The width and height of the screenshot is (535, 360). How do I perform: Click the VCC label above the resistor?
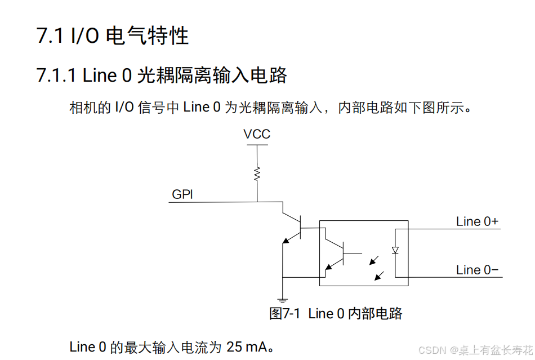tap(257, 134)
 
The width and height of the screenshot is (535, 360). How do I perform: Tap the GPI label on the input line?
tap(182, 194)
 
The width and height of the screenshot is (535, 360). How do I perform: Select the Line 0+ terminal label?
tap(477, 221)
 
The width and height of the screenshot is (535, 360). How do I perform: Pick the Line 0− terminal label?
tap(477, 270)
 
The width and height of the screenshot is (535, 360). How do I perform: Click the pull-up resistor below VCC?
tap(257, 174)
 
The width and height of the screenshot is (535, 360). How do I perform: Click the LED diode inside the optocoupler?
tap(395, 250)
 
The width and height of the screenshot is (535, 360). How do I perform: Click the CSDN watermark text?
tap(432, 350)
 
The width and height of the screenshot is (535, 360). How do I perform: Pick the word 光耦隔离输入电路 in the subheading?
tap(212, 75)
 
